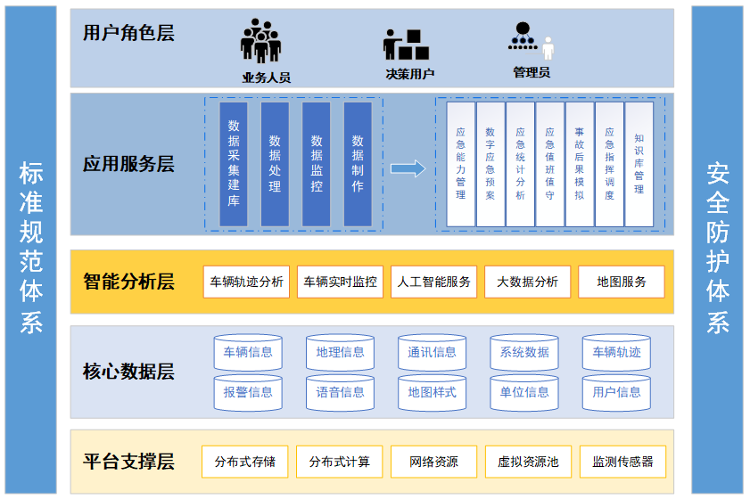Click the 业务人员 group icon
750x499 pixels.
(260, 41)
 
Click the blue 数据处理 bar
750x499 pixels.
(275, 164)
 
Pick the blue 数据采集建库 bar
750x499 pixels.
(234, 164)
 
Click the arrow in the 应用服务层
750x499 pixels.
(408, 168)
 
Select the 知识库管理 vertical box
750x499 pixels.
(639, 164)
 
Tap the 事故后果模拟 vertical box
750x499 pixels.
(579, 164)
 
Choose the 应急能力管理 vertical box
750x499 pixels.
(460, 164)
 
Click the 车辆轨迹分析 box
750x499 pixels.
(246, 282)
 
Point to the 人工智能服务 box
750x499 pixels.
(433, 282)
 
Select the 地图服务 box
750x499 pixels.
(621, 282)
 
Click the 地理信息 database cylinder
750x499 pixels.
(340, 353)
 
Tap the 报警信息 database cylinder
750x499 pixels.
(248, 393)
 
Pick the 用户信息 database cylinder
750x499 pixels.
(616, 393)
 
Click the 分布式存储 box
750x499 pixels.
(245, 462)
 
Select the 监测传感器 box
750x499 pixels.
(622, 462)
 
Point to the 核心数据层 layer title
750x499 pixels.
(128, 372)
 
